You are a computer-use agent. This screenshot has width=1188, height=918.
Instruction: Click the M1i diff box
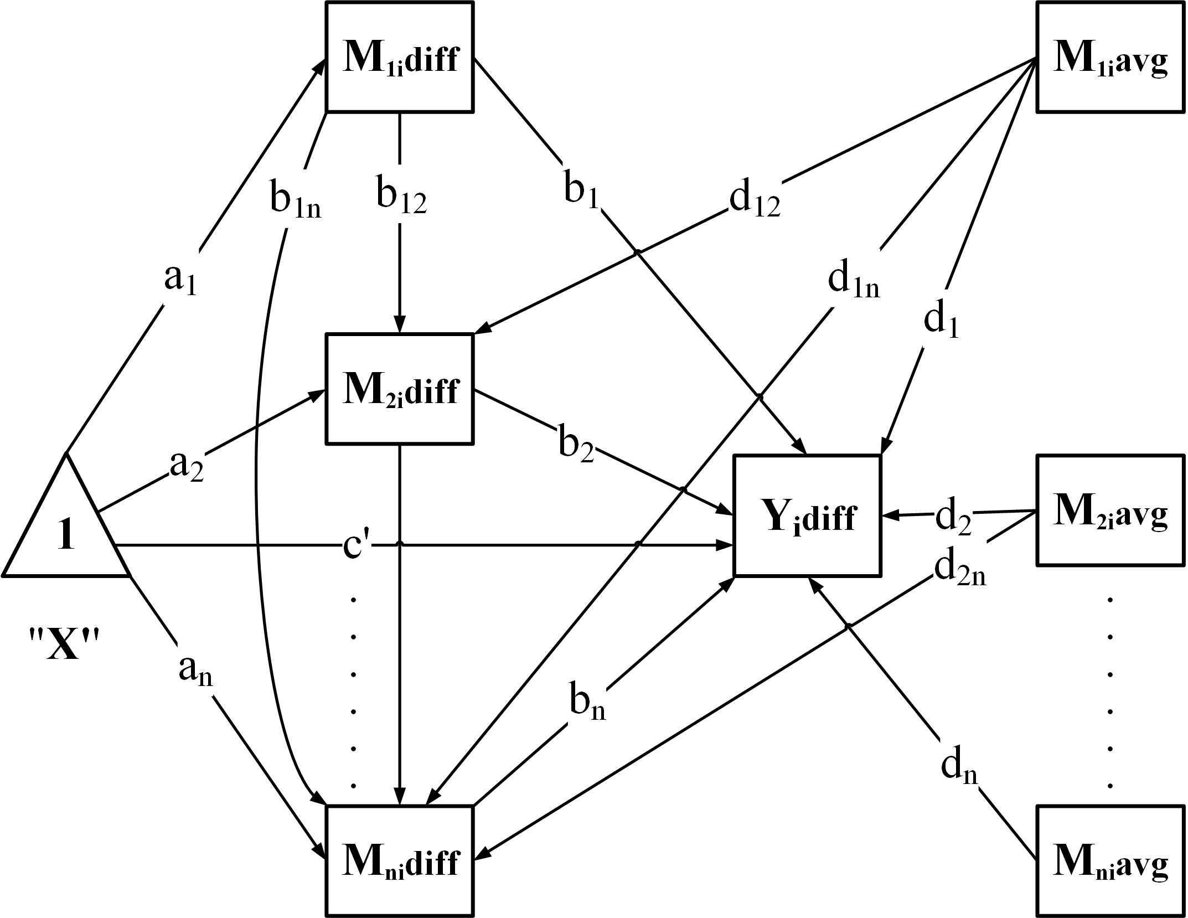pos(400,58)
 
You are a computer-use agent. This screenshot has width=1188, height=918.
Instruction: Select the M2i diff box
pos(400,389)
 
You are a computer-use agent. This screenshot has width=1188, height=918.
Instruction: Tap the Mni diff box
pos(400,861)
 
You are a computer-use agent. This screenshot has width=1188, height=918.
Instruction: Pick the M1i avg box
pos(1110,58)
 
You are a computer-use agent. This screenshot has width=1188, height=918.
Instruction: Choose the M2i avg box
pos(1110,510)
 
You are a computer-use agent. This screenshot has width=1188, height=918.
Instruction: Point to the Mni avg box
pos(1110,861)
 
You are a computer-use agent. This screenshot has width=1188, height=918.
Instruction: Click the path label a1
pos(180,280)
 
